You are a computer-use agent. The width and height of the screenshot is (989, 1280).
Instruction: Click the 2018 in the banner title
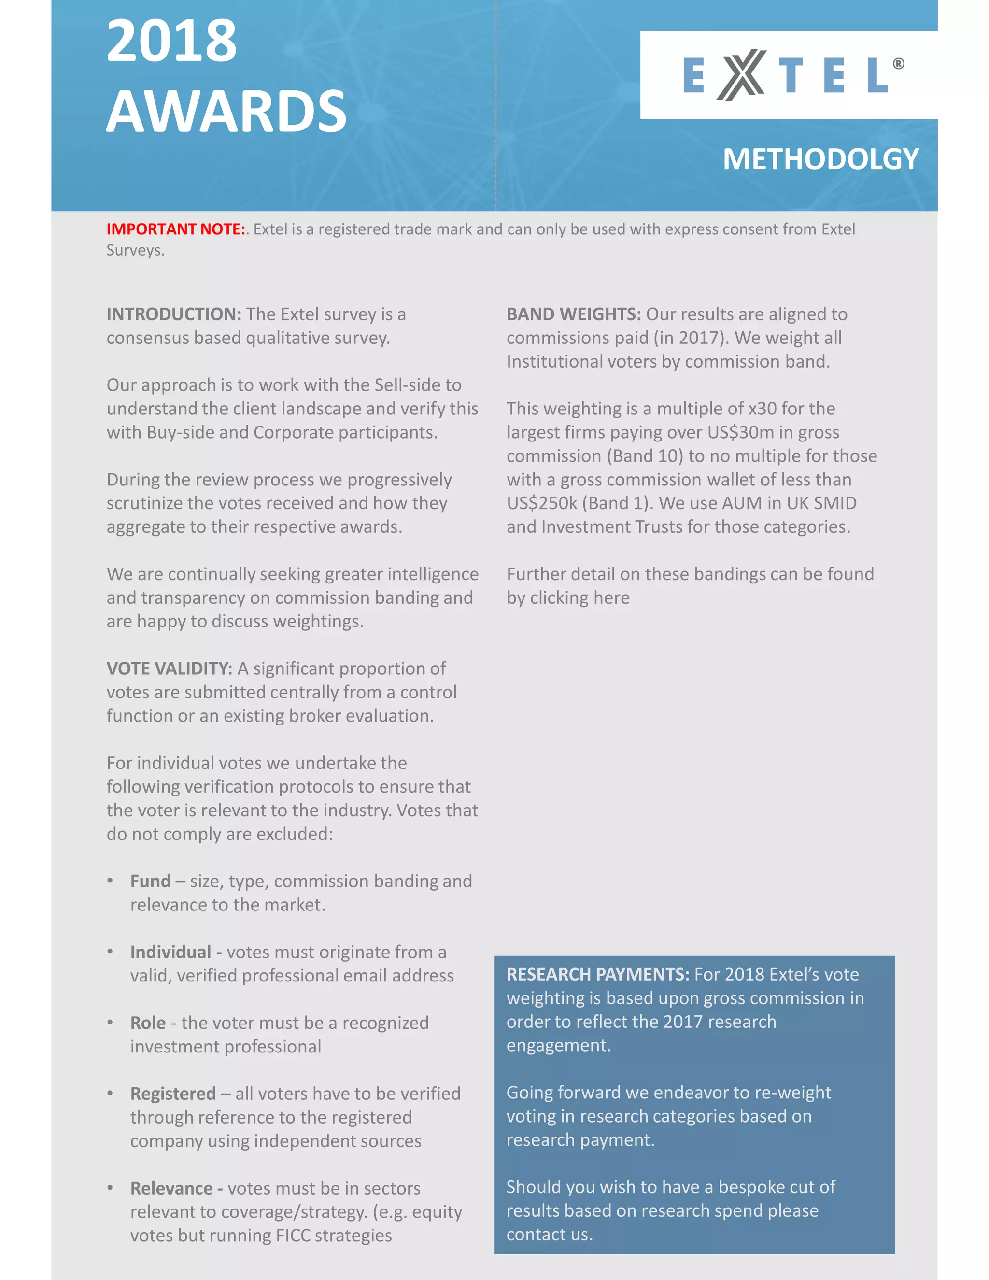pyautogui.click(x=171, y=41)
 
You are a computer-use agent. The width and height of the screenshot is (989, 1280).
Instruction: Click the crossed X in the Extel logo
pyautogui.click(x=741, y=75)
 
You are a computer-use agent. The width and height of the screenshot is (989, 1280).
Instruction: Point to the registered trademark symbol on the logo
pyautogui.click(x=898, y=64)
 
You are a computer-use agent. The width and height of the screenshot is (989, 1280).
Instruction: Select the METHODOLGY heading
pyautogui.click(x=820, y=159)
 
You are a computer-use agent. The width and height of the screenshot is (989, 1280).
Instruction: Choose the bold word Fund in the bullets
pyautogui.click(x=151, y=882)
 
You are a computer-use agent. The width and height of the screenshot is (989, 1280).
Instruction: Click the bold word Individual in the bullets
pyautogui.click(x=170, y=953)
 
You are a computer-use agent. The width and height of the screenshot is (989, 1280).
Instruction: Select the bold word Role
pyautogui.click(x=148, y=1024)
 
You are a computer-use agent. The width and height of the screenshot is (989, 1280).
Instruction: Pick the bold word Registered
pyautogui.click(x=173, y=1094)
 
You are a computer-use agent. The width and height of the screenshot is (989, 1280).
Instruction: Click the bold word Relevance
pyautogui.click(x=171, y=1189)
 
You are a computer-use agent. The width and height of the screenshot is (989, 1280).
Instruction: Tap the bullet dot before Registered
pyautogui.click(x=110, y=1093)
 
